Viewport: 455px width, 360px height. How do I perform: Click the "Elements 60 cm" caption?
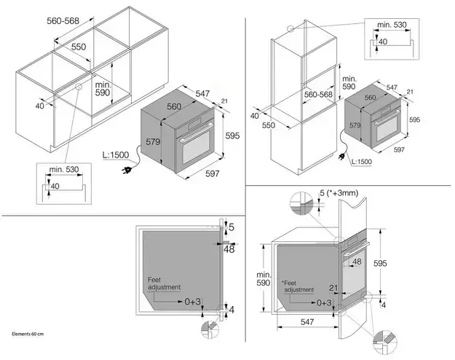(x=27, y=334)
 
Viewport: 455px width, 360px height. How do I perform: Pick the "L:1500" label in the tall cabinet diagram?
(x=361, y=161)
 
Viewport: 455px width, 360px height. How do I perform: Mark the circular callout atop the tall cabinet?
(x=291, y=30)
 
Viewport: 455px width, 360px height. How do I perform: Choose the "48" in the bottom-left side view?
(x=229, y=249)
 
